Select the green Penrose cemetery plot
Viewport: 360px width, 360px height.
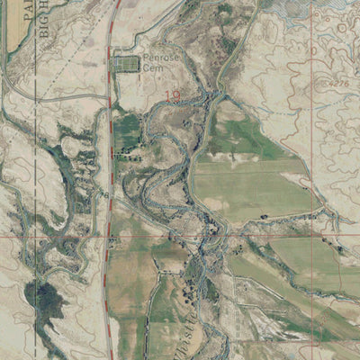pos(127,64)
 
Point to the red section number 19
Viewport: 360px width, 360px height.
pos(172,92)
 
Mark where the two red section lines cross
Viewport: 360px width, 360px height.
pos(311,237)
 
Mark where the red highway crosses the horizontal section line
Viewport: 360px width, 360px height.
pos(108,237)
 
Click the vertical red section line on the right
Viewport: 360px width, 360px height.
pos(311,135)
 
